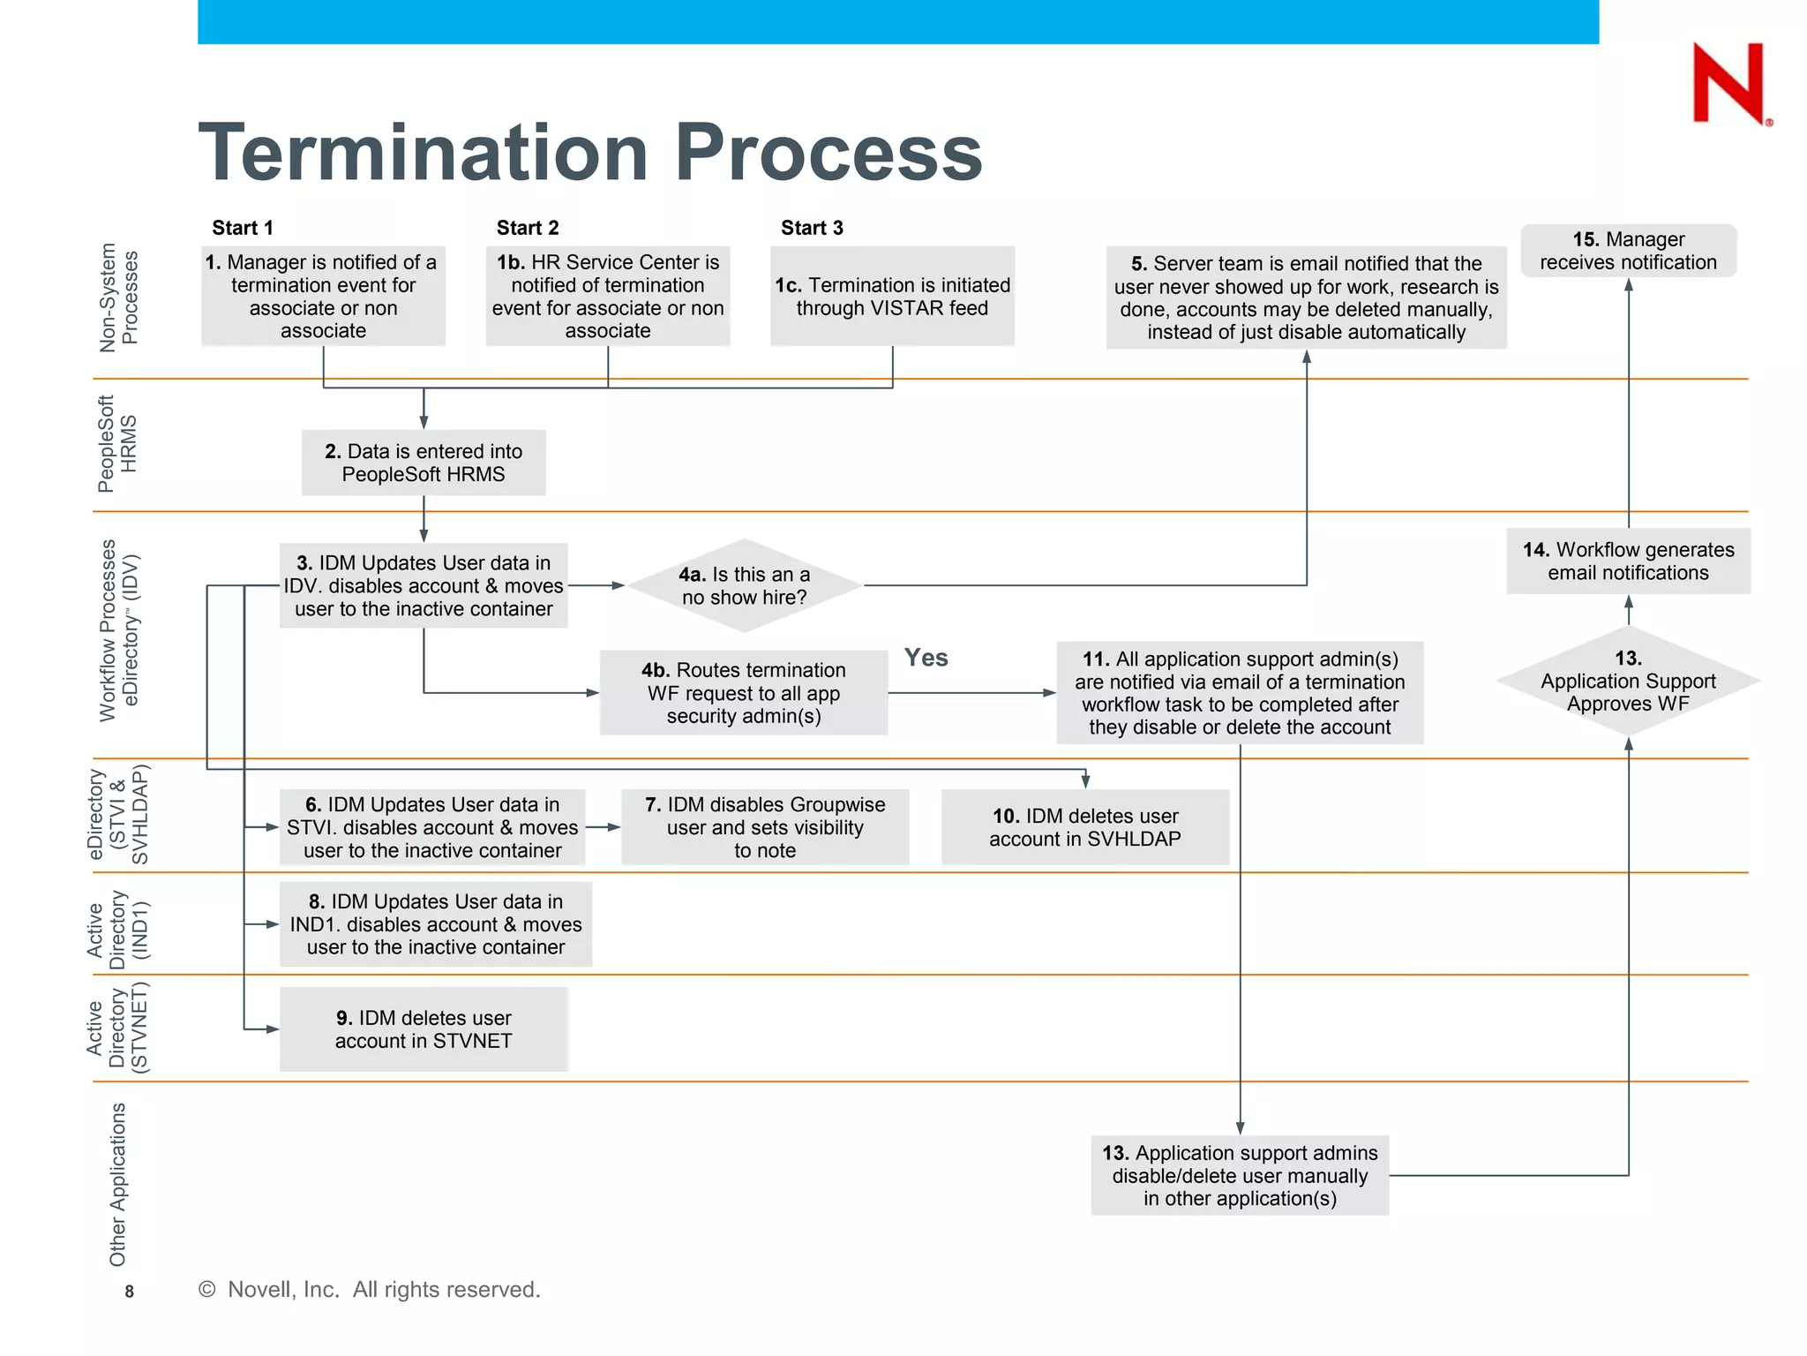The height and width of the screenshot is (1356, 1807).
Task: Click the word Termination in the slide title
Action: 424,153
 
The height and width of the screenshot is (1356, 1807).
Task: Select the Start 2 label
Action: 528,228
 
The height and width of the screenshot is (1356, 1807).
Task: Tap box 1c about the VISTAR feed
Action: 892,297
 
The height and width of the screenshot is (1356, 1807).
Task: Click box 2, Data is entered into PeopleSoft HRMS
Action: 424,463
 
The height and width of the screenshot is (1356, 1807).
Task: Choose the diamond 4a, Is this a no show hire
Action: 744,585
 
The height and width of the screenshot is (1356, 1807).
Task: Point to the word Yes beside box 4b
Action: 926,658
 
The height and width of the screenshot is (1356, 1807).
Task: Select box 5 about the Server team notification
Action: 1306,298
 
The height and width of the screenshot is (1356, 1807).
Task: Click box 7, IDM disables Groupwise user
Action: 765,827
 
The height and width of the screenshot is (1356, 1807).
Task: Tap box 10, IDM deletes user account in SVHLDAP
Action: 1084,827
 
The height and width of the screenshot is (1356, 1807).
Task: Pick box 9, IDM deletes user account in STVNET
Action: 424,1029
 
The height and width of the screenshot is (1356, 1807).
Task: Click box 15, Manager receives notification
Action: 1628,251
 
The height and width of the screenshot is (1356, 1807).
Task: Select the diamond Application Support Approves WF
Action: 1628,681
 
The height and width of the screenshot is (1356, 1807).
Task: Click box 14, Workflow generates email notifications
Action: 1628,561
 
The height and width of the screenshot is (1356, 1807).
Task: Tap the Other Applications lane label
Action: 117,1183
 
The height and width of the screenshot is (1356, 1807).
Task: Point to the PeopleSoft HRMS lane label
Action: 116,444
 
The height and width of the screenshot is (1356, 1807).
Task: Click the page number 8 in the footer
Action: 129,1292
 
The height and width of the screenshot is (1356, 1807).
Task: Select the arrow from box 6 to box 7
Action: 604,827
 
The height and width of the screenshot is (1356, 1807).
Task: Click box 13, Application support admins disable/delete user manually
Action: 1240,1175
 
